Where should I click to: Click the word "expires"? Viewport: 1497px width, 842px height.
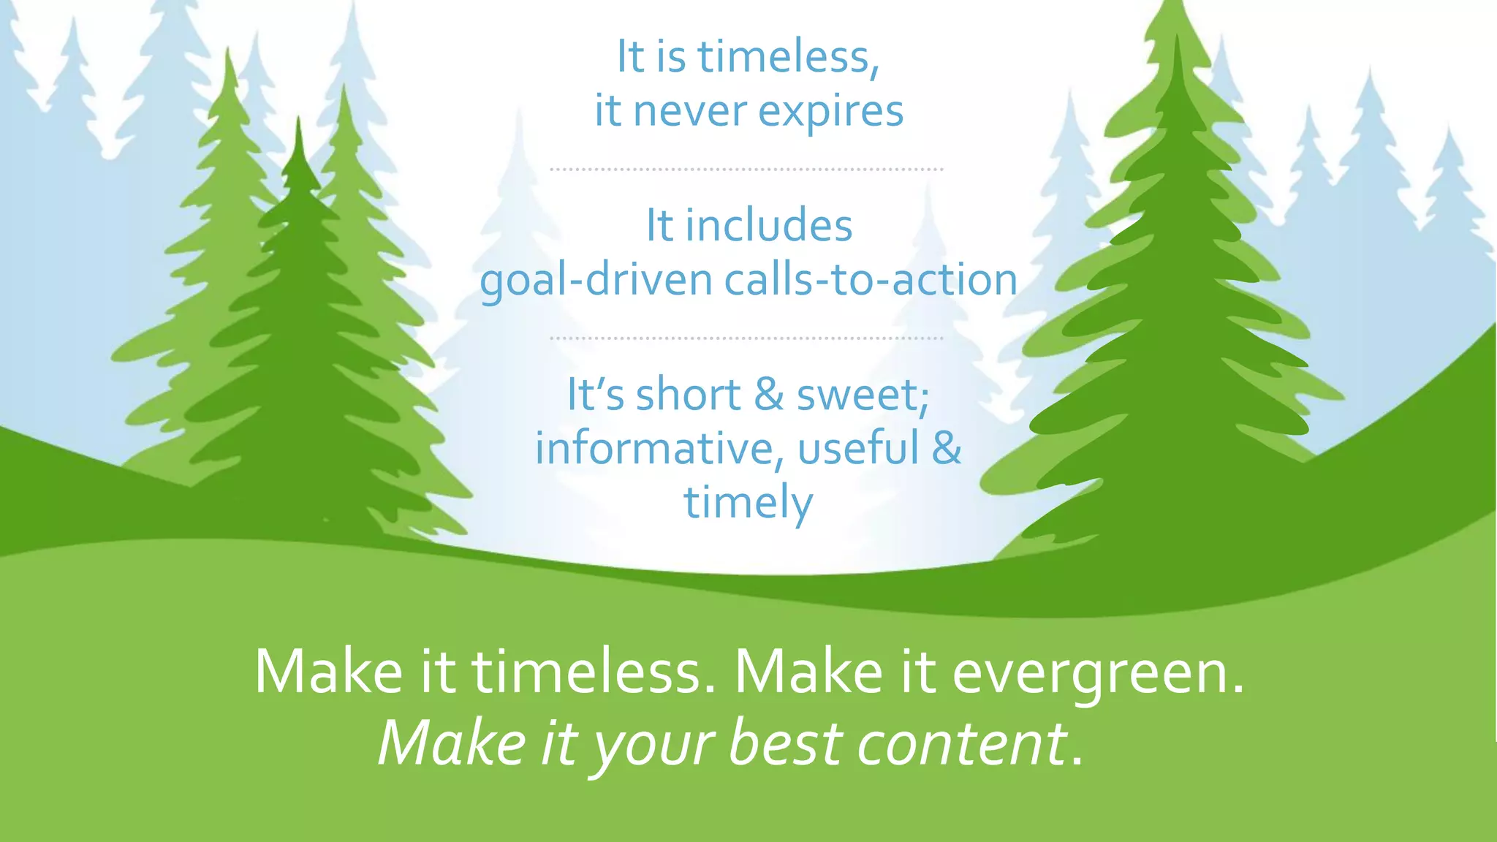(x=830, y=112)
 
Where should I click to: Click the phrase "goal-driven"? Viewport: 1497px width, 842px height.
(x=596, y=280)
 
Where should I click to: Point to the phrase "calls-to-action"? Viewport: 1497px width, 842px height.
(x=871, y=280)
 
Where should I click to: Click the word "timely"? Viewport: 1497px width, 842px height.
(x=748, y=503)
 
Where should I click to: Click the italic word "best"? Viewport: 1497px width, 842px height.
(x=786, y=743)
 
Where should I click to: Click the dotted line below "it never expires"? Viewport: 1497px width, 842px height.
(x=746, y=169)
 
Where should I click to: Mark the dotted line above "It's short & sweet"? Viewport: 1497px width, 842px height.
(x=746, y=338)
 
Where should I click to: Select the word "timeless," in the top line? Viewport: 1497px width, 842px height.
(x=788, y=56)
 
